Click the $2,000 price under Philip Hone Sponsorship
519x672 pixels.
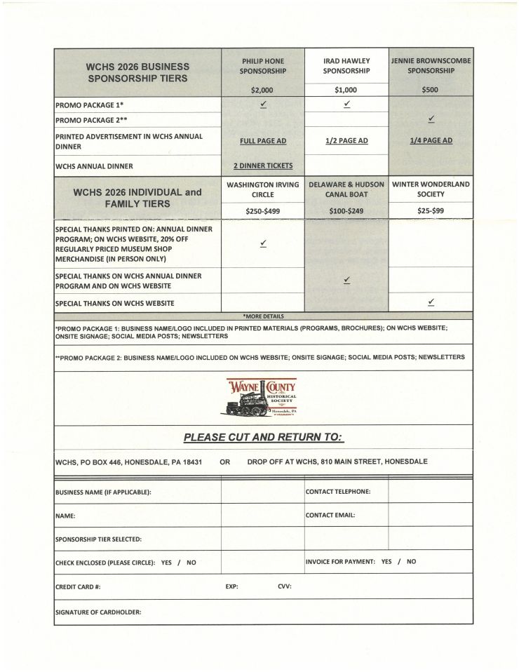point(262,90)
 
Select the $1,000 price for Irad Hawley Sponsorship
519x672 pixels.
point(346,90)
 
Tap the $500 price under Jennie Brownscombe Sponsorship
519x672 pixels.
point(431,90)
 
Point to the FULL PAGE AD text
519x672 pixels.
point(263,140)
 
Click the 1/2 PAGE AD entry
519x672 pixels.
point(346,140)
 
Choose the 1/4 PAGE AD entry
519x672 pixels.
point(431,140)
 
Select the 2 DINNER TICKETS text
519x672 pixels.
point(263,166)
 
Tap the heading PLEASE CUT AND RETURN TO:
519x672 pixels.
point(263,437)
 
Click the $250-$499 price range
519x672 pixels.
point(262,210)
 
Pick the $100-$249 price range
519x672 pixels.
point(346,210)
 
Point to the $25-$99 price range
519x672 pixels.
point(431,210)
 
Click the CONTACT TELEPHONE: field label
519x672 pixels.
point(338,492)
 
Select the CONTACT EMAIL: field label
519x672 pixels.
point(330,515)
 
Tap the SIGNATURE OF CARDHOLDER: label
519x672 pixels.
point(98,612)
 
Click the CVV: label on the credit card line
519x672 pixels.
point(285,586)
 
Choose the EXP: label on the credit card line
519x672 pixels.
point(231,586)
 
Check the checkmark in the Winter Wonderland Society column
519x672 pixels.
point(431,302)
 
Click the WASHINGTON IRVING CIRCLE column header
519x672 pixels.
point(263,189)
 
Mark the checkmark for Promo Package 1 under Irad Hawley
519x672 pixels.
point(346,105)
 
